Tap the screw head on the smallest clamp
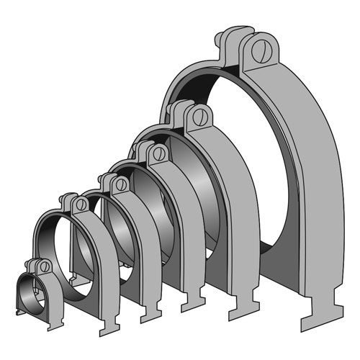click(45, 266)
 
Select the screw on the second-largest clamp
click(201, 117)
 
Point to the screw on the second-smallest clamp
click(81, 205)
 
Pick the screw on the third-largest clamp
click(159, 153)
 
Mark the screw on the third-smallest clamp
click(121, 184)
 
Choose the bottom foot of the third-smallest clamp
click(153, 312)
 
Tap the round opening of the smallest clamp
click(30, 295)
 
